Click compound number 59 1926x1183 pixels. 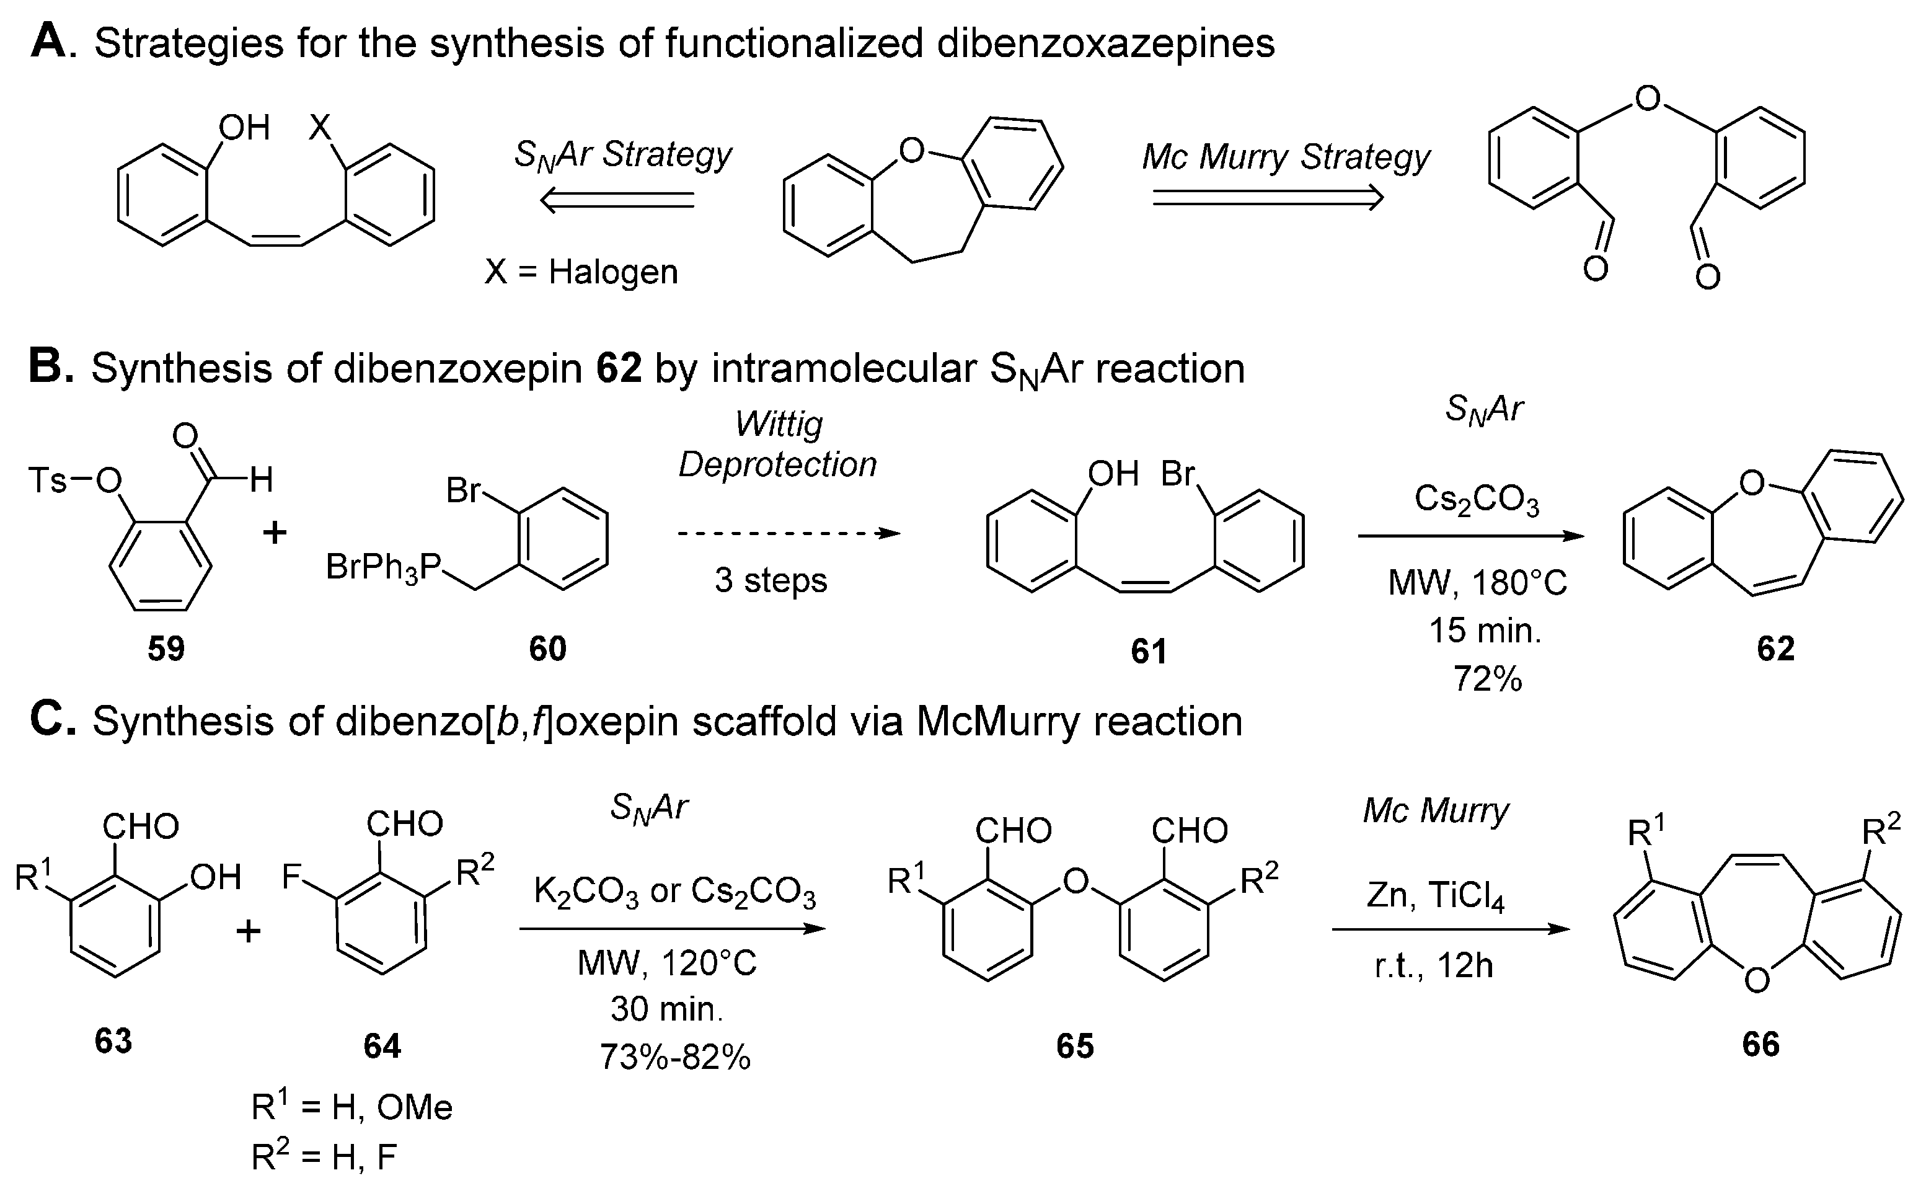click(166, 649)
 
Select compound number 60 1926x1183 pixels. click(547, 649)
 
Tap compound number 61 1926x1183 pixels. click(1149, 652)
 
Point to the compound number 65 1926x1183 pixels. click(1074, 1046)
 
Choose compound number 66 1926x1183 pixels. click(1760, 1045)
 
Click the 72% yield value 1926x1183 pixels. click(1487, 679)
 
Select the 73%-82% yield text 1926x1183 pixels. click(674, 1057)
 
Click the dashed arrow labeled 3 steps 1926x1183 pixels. click(789, 534)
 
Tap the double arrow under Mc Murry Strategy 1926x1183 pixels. click(1267, 198)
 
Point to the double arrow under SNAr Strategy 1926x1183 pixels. click(618, 201)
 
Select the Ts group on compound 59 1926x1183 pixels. click(47, 480)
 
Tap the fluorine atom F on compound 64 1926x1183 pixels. click(292, 877)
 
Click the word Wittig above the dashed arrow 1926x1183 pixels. click(779, 424)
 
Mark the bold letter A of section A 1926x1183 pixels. click(48, 42)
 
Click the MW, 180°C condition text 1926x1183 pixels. click(1477, 583)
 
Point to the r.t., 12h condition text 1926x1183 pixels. click(1433, 966)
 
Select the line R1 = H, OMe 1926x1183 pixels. click(351, 1108)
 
